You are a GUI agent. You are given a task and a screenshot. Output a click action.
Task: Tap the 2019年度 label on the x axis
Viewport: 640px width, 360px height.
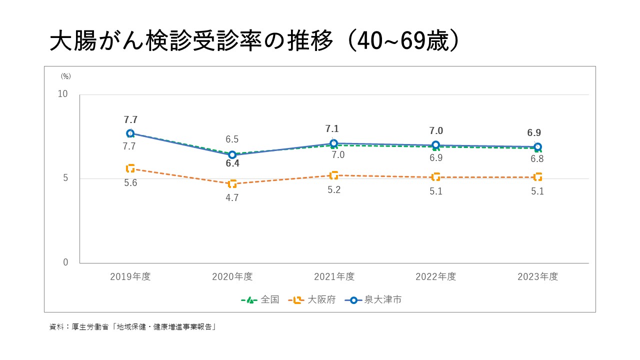[x=130, y=276]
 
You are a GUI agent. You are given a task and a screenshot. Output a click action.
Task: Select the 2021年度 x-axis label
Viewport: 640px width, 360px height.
[x=334, y=276]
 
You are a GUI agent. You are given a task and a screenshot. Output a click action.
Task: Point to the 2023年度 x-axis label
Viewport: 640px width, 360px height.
[x=537, y=276]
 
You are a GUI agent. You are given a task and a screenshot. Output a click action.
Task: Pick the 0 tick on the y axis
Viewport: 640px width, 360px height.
[x=65, y=262]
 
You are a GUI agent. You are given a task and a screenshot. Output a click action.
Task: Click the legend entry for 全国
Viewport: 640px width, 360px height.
[x=260, y=300]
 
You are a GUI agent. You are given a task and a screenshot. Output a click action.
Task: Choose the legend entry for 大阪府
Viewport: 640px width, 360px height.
[x=313, y=300]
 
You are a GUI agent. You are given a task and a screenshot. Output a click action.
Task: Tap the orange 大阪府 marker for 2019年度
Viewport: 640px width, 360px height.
[x=130, y=168]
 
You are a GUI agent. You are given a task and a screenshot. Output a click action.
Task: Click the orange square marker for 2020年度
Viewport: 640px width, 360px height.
[x=232, y=184]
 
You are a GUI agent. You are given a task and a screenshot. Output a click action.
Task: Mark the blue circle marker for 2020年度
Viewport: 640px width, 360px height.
[x=232, y=155]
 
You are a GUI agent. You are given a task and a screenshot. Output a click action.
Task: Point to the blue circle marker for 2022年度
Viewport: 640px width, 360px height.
[x=435, y=145]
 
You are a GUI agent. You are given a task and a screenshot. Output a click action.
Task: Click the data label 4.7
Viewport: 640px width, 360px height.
[x=232, y=197]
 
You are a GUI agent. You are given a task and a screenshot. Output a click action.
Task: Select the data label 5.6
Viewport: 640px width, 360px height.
[x=130, y=183]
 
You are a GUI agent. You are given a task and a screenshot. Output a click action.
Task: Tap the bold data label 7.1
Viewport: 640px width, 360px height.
[x=332, y=129]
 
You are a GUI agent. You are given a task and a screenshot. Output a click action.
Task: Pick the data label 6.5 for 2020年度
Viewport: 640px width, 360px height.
[x=232, y=139]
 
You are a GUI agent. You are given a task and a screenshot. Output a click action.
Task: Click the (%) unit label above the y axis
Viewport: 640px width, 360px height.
[x=66, y=76]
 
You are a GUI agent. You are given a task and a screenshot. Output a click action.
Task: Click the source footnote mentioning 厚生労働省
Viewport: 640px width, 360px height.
[x=132, y=327]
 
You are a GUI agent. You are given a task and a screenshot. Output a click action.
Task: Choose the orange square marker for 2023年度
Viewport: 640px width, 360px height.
[x=537, y=177]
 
